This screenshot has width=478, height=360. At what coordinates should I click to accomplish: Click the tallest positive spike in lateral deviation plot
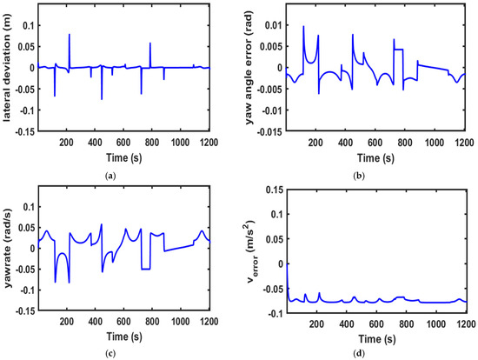[70, 35]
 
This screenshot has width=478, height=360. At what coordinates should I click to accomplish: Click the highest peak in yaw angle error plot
[303, 27]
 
